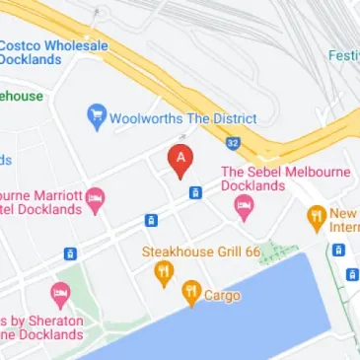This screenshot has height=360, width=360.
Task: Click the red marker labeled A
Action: pyautogui.click(x=180, y=160)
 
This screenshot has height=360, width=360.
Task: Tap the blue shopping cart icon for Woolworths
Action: pyautogui.click(x=96, y=117)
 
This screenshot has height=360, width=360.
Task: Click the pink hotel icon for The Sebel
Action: pyautogui.click(x=243, y=207)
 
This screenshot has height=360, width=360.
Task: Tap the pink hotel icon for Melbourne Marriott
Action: pyautogui.click(x=95, y=200)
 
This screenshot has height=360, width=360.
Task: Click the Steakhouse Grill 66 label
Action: pyautogui.click(x=201, y=252)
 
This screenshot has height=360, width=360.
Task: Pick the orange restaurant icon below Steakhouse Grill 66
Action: pyautogui.click(x=165, y=273)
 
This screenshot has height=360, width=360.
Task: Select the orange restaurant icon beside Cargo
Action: pyautogui.click(x=190, y=293)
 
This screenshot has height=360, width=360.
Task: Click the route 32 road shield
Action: pyautogui.click(x=232, y=143)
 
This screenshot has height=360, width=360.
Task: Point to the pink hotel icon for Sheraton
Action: pyautogui.click(x=60, y=294)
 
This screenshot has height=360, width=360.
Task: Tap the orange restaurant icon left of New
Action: pyautogui.click(x=316, y=217)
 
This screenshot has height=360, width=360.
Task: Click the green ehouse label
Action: pyautogui.click(x=21, y=96)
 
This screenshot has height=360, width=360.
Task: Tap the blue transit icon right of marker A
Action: pyautogui.click(x=195, y=192)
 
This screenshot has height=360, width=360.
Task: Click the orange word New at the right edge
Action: pyautogui.click(x=344, y=213)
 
